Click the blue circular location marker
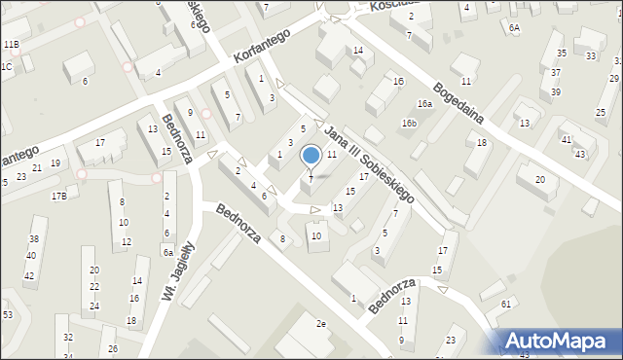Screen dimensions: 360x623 (x=311, y=155)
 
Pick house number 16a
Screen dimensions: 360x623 (x=424, y=103)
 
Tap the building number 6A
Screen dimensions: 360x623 (x=514, y=28)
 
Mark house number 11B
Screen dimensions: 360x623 (x=11, y=45)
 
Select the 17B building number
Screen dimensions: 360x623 (x=59, y=197)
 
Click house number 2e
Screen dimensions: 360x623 (x=320, y=323)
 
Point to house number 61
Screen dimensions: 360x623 (x=506, y=305)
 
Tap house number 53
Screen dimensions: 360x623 (x=8, y=315)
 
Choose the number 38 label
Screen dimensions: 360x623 (x=33, y=239)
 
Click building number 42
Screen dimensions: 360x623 (x=29, y=276)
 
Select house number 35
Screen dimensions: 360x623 (x=560, y=53)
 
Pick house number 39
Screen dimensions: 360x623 (x=556, y=91)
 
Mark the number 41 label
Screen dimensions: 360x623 (x=567, y=140)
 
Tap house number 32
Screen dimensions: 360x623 (x=68, y=337)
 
